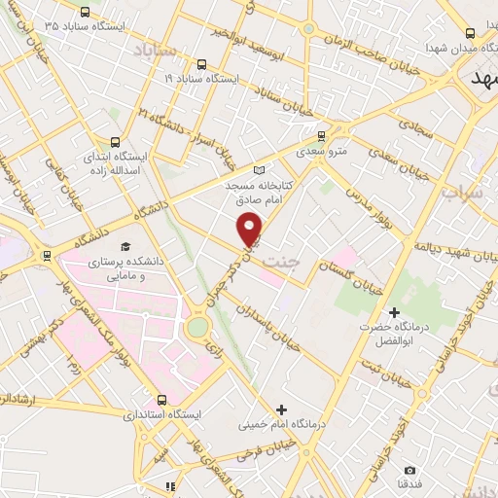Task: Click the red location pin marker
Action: (x=251, y=228)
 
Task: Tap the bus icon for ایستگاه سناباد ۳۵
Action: (x=85, y=13)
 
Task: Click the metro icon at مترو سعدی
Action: (x=322, y=135)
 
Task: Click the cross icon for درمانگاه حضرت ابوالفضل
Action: (x=393, y=312)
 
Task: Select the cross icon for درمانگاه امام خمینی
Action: (x=282, y=409)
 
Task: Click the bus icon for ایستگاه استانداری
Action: (x=162, y=399)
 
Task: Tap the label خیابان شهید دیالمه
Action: (x=451, y=249)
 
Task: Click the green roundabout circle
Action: (x=197, y=327)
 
